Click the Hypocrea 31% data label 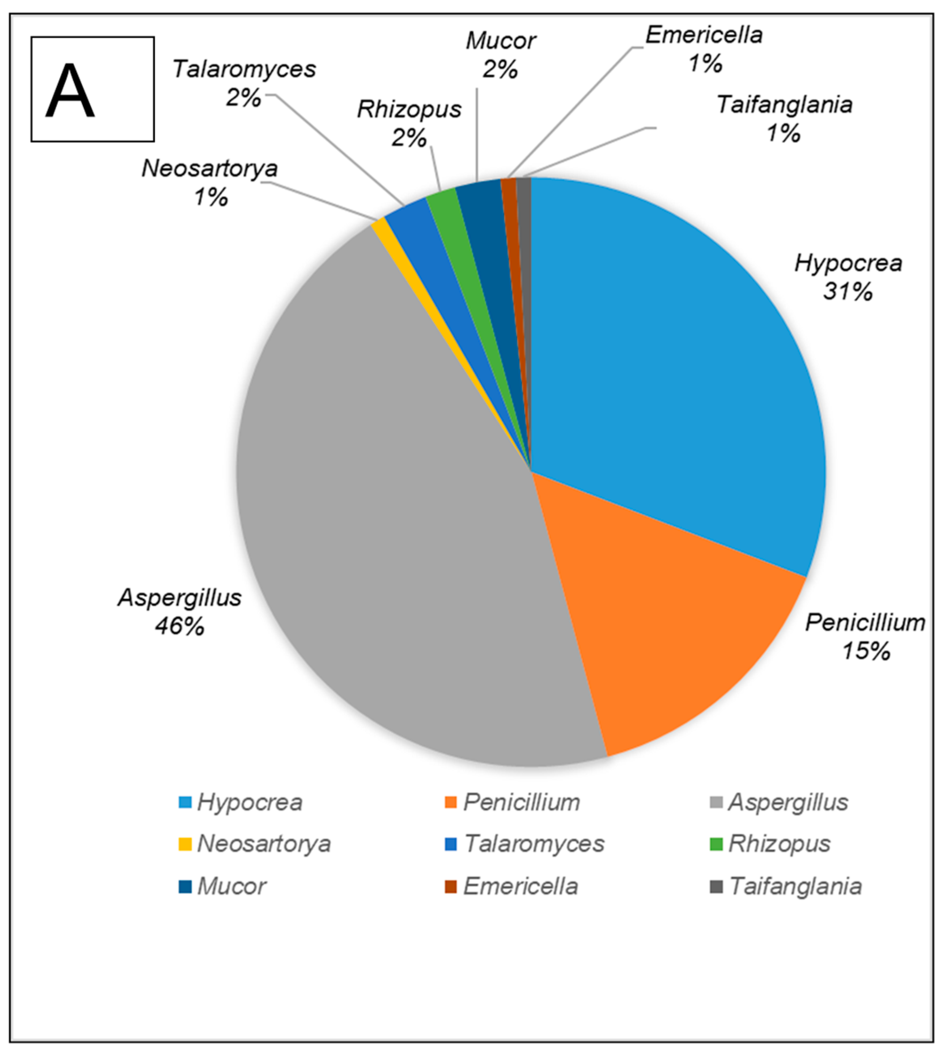847,277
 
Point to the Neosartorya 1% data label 210,183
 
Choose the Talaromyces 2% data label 244,83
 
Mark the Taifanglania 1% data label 784,119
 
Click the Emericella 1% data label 704,49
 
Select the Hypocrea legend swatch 185,802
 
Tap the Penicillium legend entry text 521,802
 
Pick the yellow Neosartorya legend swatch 185,844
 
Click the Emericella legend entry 520,887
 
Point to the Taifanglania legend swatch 716,887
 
